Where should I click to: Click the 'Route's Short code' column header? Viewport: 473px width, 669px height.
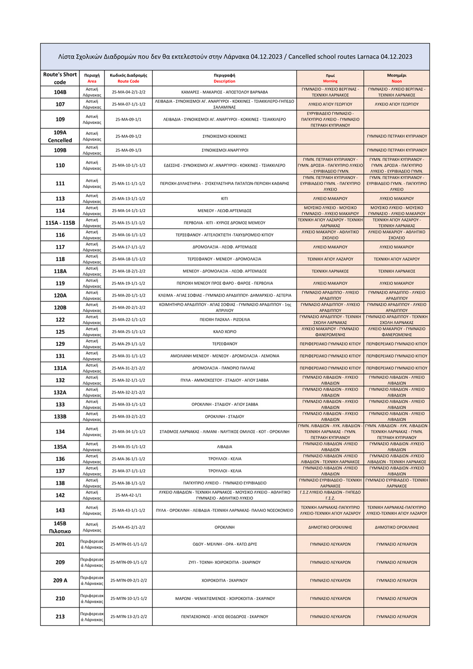pyautogui.click(x=60, y=78)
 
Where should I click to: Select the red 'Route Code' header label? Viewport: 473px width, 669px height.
pyautogui.click(x=128, y=81)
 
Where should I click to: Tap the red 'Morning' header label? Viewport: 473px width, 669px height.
pyautogui.click(x=330, y=81)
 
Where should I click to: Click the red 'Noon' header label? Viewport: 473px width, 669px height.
pyautogui.click(x=396, y=81)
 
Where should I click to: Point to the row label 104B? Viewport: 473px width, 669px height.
pyautogui.click(x=60, y=92)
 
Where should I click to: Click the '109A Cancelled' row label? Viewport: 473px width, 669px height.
pyautogui.click(x=60, y=136)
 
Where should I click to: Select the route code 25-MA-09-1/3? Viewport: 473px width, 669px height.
pyautogui.click(x=128, y=150)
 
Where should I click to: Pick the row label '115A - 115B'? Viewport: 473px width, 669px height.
pyautogui.click(x=60, y=223)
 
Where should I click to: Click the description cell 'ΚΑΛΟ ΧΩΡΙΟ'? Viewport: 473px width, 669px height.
pyautogui.click(x=225, y=332)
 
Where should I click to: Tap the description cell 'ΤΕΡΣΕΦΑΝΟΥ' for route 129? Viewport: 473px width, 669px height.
pyautogui.click(x=225, y=344)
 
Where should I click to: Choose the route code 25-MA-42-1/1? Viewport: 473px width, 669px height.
pyautogui.click(x=128, y=495)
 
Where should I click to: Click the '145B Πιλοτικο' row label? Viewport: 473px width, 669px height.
pyautogui.click(x=60, y=527)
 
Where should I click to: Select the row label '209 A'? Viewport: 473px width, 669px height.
pyautogui.click(x=60, y=581)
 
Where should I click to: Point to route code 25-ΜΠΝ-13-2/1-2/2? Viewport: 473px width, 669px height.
pyautogui.click(x=128, y=617)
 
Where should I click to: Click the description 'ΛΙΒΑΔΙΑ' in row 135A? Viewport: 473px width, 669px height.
pyautogui.click(x=225, y=447)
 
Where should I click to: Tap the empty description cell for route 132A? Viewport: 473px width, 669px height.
pyautogui.click(x=225, y=392)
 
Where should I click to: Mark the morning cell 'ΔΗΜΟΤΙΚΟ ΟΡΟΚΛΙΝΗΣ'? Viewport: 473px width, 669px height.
pyautogui.click(x=330, y=527)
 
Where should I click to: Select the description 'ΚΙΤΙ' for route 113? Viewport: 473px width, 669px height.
pyautogui.click(x=225, y=199)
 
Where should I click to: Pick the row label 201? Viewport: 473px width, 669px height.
pyautogui.click(x=60, y=544)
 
